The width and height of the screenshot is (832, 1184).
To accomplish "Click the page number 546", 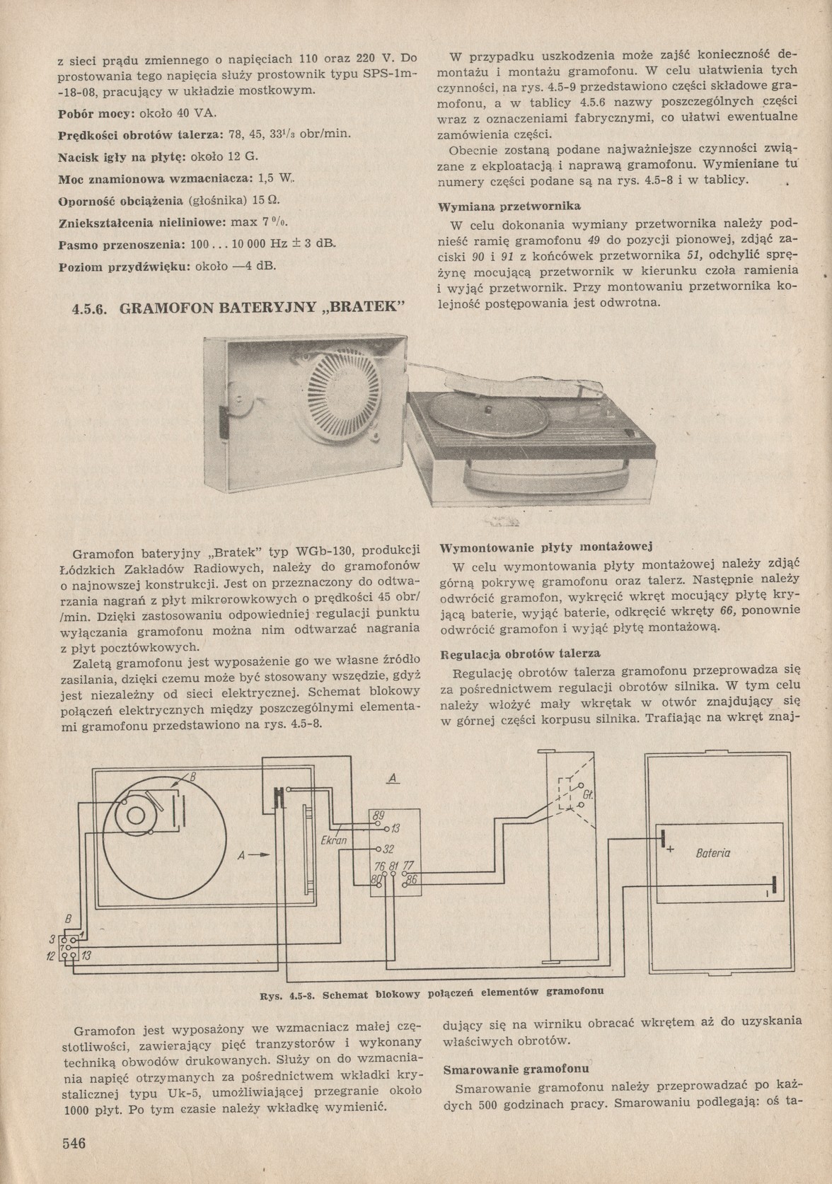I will pos(74,1143).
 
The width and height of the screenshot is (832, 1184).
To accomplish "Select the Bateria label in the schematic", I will pos(712,853).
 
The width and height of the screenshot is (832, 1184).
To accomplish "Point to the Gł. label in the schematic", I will pos(587,795).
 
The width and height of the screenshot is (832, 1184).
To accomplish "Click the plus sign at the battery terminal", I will pos(669,849).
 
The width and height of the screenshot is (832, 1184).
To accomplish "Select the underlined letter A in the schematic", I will pos(393,778).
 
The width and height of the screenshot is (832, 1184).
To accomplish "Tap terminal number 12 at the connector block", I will pos(51,956).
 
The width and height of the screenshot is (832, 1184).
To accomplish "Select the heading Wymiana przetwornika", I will pos(509,207).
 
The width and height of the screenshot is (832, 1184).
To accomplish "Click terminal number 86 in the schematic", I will pos(412,878).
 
